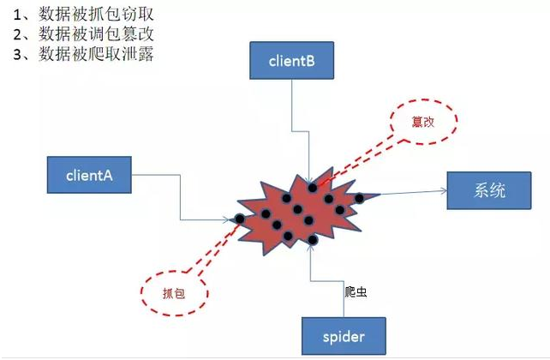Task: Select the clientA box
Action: click(88, 176)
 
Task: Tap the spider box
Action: click(343, 337)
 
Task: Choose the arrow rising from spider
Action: click(313, 283)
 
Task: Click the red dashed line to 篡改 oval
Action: click(356, 159)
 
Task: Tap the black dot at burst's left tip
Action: click(239, 219)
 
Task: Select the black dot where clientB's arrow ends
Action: click(312, 187)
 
